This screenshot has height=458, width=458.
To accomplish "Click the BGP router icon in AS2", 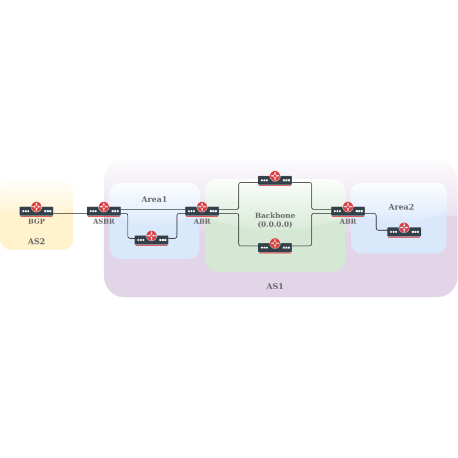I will point(37,209).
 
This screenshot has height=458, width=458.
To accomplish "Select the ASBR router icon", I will point(104,209).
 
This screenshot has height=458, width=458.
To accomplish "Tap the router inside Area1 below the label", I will point(152,238).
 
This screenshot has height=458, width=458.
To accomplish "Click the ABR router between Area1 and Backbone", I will point(202,209).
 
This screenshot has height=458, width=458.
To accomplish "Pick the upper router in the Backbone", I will point(275,179).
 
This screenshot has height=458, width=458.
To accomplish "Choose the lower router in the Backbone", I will point(275,246).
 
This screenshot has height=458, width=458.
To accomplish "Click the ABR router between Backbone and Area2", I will point(348,209).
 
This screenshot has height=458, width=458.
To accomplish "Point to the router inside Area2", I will point(404,230).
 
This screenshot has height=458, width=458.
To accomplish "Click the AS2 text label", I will point(36,242).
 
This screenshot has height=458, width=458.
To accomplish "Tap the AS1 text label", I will point(275,286).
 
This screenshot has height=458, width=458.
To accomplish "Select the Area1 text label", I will point(154,199).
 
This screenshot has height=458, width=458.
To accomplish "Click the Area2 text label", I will point(401,207).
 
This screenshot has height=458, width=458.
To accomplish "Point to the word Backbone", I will point(275,216).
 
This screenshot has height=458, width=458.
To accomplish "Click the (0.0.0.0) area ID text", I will point(275,224).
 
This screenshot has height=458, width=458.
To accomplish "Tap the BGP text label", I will point(37,221).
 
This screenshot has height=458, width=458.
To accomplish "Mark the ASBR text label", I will point(104,221).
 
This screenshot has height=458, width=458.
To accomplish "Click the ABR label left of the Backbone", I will point(202,221).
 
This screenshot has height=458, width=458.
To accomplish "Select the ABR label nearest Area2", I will point(348,221).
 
